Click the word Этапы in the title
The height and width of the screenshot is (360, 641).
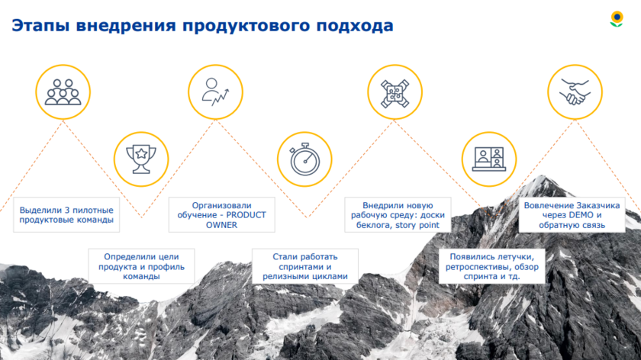click(x=40, y=25)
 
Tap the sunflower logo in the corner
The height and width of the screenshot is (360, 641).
click(x=617, y=19)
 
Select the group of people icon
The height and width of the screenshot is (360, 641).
click(x=63, y=92)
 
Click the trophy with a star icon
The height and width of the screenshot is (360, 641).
click(x=141, y=159)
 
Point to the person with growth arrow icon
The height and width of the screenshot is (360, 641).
click(x=215, y=92)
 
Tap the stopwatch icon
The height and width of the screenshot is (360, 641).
click(x=305, y=159)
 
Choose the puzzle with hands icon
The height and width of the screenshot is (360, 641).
click(x=395, y=94)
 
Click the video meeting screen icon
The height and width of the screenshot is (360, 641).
click(x=489, y=159)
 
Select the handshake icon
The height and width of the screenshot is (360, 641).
click(x=575, y=92)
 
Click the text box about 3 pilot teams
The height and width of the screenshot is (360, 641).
click(x=66, y=215)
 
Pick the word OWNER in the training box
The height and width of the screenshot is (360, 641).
click(x=221, y=225)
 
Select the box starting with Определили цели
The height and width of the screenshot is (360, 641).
click(x=141, y=266)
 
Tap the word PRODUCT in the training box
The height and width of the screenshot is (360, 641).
click(x=246, y=215)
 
